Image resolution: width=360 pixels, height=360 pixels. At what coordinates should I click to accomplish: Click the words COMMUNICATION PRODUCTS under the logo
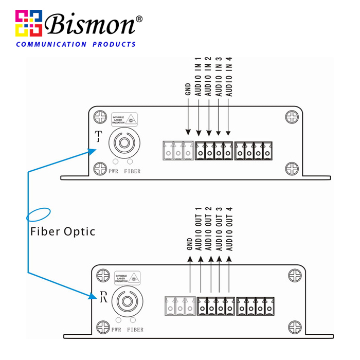(x=76, y=44)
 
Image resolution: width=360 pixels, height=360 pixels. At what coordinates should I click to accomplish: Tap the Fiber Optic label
(x=63, y=231)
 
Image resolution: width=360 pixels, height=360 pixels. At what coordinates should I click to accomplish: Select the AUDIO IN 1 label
(x=199, y=77)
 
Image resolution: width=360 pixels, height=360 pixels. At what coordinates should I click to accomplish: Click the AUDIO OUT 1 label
(x=200, y=229)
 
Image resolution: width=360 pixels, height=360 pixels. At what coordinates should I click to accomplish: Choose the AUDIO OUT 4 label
(x=229, y=229)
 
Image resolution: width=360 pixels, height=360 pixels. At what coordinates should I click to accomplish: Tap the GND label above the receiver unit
(x=189, y=244)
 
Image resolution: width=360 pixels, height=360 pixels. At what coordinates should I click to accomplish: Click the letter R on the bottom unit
(x=102, y=296)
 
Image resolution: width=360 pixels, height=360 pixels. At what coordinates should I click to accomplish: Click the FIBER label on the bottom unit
(x=135, y=330)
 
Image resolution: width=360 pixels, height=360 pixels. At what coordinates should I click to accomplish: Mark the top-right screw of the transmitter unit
(x=292, y=117)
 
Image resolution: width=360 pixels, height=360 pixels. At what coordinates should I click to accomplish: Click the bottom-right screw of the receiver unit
(x=294, y=326)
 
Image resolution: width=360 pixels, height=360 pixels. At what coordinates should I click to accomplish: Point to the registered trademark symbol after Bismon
(x=139, y=19)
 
